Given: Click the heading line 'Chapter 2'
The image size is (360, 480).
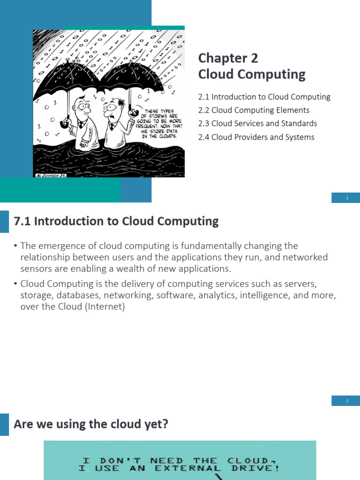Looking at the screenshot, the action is [228, 58].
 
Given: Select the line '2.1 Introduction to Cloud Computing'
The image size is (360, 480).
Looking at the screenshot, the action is [264, 97].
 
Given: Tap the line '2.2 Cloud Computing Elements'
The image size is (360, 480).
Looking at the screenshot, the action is [254, 110].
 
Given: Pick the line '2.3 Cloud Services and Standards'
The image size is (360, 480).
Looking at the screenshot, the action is [257, 124].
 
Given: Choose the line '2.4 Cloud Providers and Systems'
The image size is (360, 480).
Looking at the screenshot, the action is [256, 137].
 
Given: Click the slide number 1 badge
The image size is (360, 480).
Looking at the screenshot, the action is [347, 198].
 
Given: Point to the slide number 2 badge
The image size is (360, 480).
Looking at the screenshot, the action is [347, 401].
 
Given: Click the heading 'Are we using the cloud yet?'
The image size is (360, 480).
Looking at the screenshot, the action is [91, 424].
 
